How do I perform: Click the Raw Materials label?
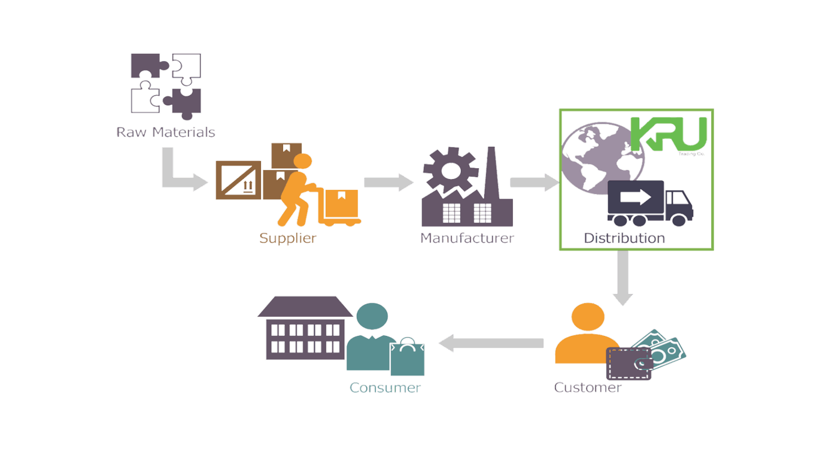tap(165, 132)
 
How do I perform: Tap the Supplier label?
tap(287, 238)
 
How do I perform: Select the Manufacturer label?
tap(466, 238)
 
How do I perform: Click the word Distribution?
tap(624, 238)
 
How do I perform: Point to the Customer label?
tap(587, 387)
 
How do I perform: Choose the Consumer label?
tap(385, 388)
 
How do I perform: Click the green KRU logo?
tap(669, 134)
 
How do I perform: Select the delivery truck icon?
tap(649, 204)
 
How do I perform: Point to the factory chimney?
tap(491, 174)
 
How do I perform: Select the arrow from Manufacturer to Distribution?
tap(534, 183)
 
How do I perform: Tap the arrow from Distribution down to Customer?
tap(623, 278)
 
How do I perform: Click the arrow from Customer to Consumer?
tap(491, 343)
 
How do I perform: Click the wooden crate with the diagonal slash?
tap(239, 180)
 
